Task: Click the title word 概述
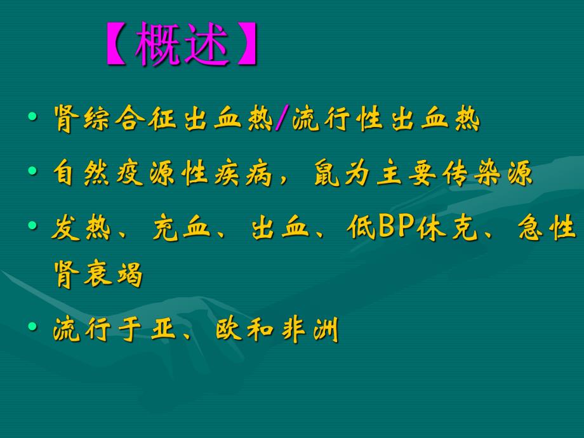(x=182, y=45)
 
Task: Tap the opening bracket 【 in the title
(x=117, y=45)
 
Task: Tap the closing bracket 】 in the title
(x=247, y=45)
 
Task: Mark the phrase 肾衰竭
(x=98, y=275)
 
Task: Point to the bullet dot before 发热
(x=32, y=226)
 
